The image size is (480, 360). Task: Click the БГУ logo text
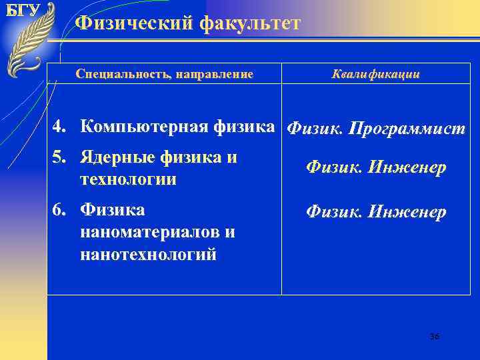pos(23,11)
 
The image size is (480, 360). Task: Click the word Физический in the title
pos(127,24)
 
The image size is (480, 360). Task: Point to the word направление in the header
pos(215,74)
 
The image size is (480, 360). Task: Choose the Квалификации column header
pos(375,74)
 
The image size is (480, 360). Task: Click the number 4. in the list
pos(61,126)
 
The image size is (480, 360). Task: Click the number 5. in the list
pos(61,158)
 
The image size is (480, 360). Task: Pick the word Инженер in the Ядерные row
pos(409,169)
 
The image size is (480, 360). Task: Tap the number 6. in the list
pos(61,210)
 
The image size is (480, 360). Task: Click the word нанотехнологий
pos(148,253)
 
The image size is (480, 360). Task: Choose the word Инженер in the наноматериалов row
pos(409,213)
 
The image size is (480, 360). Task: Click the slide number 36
pos(434,337)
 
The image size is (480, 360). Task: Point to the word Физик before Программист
pos(313,128)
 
